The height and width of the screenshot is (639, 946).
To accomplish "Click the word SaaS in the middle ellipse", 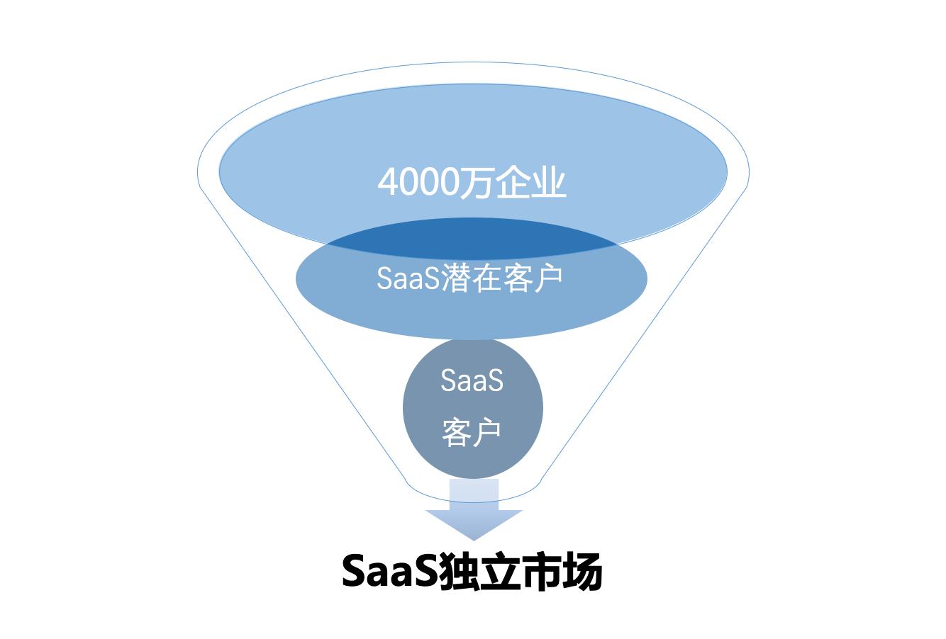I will coord(408,278).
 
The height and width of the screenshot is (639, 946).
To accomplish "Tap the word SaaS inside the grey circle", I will coord(472,380).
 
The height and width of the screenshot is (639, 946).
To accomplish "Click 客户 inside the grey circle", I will coord(472,431).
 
